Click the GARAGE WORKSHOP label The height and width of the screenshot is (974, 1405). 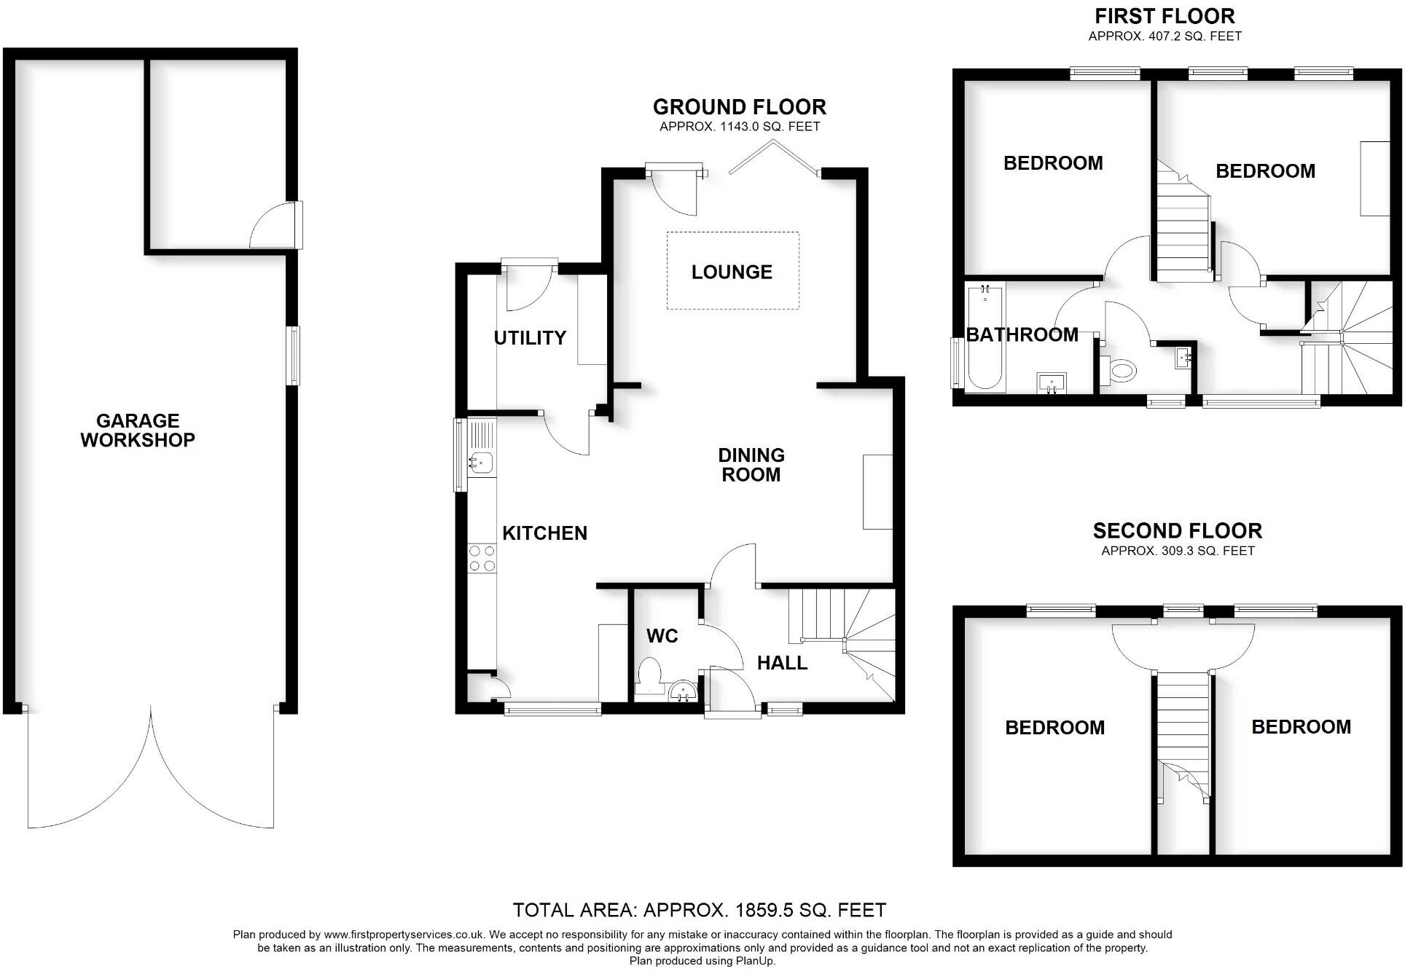(138, 430)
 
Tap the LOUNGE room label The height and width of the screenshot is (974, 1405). (732, 272)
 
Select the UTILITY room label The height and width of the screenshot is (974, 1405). (530, 337)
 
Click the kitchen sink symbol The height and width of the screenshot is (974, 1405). (481, 461)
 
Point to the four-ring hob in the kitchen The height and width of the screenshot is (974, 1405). (482, 559)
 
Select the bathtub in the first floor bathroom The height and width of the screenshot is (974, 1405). (985, 339)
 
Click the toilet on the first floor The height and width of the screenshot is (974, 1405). (1118, 370)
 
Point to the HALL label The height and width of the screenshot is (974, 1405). (782, 663)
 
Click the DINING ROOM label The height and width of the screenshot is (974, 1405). (751, 465)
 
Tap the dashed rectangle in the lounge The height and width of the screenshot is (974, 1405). (732, 240)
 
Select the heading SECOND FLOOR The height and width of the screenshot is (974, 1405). (1177, 530)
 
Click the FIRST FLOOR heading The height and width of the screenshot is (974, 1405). (1165, 16)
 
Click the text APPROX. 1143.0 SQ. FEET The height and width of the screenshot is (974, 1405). (740, 127)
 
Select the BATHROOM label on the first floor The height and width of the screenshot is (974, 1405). (1022, 334)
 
